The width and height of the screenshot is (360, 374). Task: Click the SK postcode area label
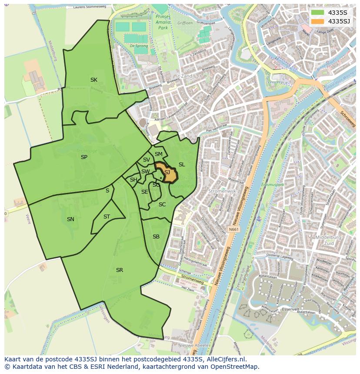(x=94, y=79)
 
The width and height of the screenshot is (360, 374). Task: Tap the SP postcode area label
(x=84, y=157)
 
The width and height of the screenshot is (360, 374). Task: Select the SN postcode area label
(x=70, y=219)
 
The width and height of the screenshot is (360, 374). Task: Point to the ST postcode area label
(x=107, y=217)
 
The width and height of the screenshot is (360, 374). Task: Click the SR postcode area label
(x=120, y=270)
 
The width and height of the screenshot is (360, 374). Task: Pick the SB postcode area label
(x=156, y=237)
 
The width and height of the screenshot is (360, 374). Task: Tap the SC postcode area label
(x=162, y=205)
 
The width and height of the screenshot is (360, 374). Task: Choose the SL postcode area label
(x=182, y=165)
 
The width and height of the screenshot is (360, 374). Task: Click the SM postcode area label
(x=159, y=154)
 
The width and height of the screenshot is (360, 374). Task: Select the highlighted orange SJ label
(x=167, y=172)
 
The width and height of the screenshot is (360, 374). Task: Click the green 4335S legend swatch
(x=317, y=13)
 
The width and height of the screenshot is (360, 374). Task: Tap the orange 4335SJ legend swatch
(x=317, y=21)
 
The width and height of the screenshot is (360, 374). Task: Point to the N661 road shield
(x=234, y=229)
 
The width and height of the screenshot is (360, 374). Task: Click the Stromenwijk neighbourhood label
(x=222, y=191)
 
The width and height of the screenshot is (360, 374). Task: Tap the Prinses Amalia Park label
(x=163, y=22)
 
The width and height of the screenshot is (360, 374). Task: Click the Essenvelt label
(x=290, y=309)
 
